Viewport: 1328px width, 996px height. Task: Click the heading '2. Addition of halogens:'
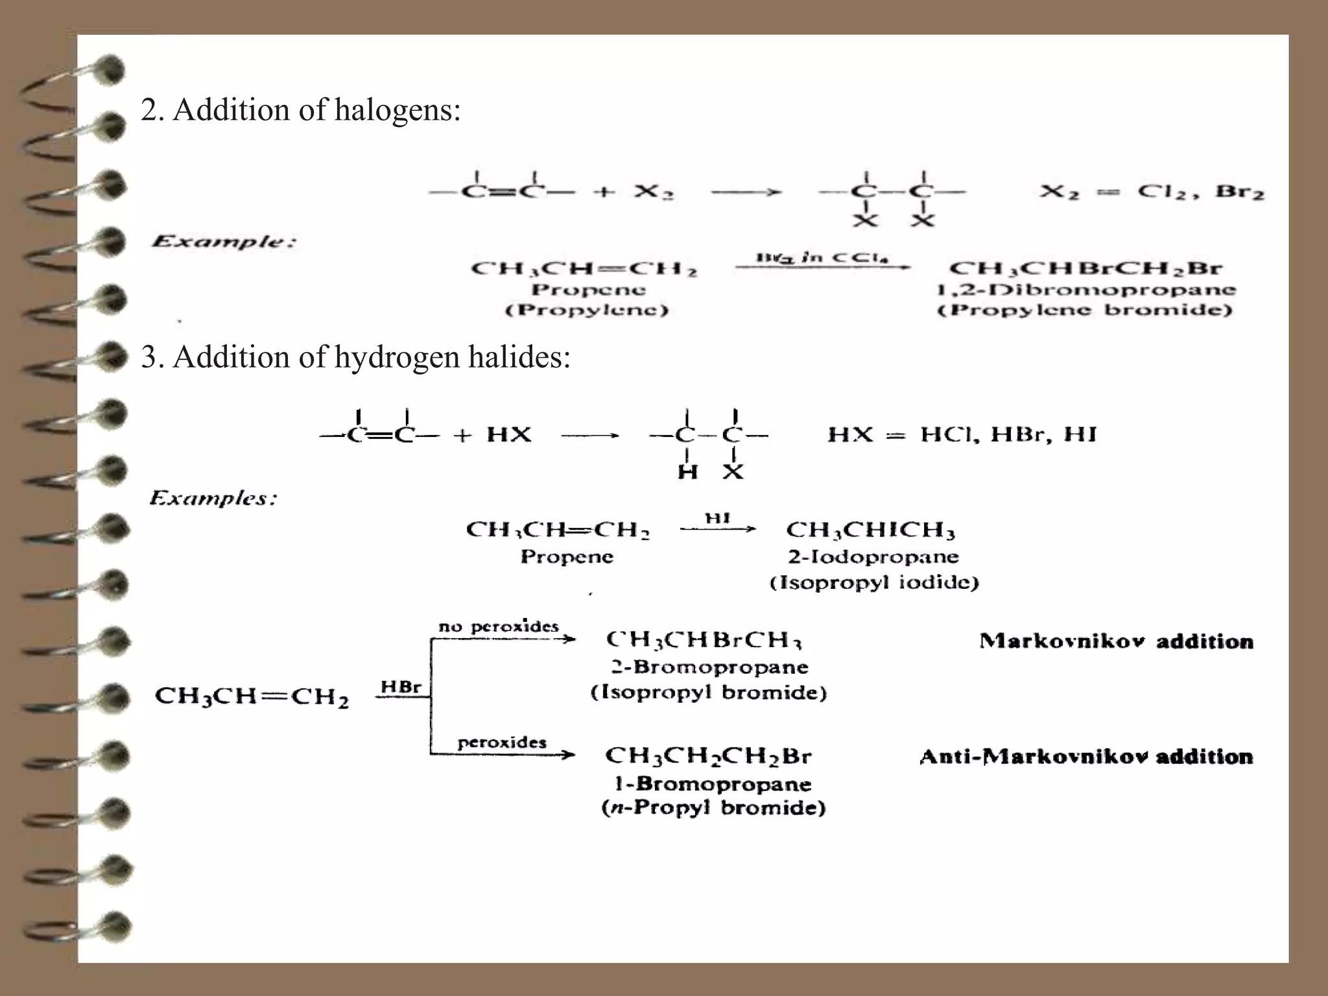click(x=300, y=110)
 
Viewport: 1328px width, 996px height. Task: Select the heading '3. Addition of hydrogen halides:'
click(x=355, y=357)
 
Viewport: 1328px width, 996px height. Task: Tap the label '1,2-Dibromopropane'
click(x=1086, y=290)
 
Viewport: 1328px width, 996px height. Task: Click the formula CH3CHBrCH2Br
click(x=1085, y=268)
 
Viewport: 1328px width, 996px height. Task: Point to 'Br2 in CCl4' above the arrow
click(x=822, y=257)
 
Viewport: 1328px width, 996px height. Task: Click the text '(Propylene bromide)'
click(x=1085, y=310)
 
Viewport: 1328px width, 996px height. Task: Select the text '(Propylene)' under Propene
click(x=587, y=311)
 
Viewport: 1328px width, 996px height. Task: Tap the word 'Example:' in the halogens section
click(x=224, y=243)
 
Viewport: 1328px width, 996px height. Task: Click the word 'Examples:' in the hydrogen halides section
click(x=213, y=499)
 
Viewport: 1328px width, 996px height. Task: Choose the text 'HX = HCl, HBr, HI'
click(x=962, y=434)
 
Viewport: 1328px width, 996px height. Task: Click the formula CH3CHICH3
click(x=870, y=530)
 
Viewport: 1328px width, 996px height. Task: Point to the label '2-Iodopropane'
click(x=873, y=557)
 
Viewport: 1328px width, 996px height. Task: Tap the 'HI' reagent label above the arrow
click(x=718, y=518)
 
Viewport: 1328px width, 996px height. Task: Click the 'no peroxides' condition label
click(x=498, y=626)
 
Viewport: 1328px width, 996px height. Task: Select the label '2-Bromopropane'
click(x=709, y=667)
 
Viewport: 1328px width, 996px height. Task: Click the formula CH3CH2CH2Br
click(x=708, y=756)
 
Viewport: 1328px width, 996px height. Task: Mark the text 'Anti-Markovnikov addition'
click(x=1086, y=757)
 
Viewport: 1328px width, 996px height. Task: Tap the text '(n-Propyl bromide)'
click(x=713, y=808)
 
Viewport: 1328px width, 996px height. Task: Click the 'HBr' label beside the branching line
click(x=401, y=687)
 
